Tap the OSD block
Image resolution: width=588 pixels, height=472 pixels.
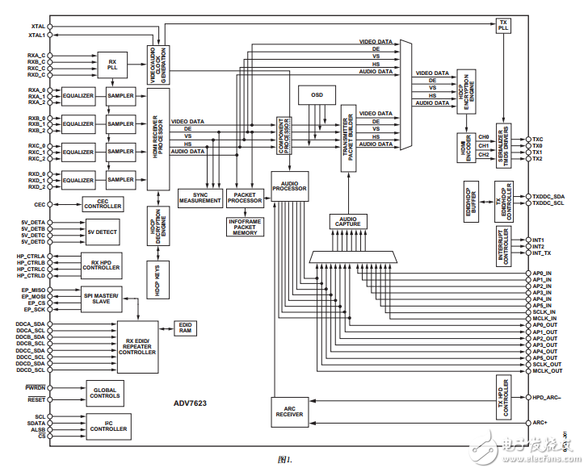pyautogui.click(x=317, y=95)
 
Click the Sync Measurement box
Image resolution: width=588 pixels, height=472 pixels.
pyautogui.click(x=199, y=197)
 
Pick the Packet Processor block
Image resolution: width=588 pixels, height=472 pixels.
pyautogui.click(x=244, y=197)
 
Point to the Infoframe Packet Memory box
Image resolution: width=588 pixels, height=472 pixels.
pyautogui.click(x=245, y=226)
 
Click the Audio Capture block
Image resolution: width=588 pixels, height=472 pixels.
pyautogui.click(x=348, y=221)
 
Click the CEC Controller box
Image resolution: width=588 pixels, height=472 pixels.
pyautogui.click(x=102, y=206)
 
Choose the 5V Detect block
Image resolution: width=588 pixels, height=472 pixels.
pyautogui.click(x=102, y=232)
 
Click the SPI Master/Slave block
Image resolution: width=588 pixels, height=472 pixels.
pyautogui.click(x=102, y=299)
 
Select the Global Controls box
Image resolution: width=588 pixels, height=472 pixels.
pyautogui.click(x=105, y=393)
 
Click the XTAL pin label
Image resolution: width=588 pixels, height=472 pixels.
pyautogui.click(x=36, y=26)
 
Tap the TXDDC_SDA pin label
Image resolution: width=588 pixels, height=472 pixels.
pyautogui.click(x=548, y=196)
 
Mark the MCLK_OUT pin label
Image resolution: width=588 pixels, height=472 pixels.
pyautogui.click(x=547, y=370)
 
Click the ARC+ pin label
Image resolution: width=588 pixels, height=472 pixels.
pyautogui.click(x=540, y=422)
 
